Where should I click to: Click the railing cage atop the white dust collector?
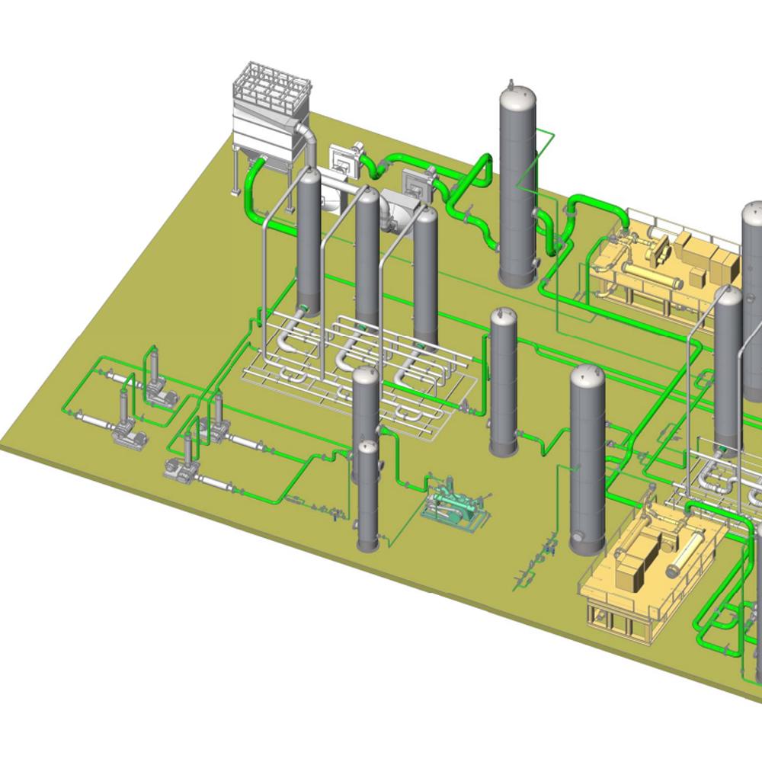271,91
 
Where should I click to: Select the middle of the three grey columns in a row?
367,255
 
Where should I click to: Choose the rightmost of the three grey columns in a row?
426,274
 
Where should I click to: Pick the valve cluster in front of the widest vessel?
533,564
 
